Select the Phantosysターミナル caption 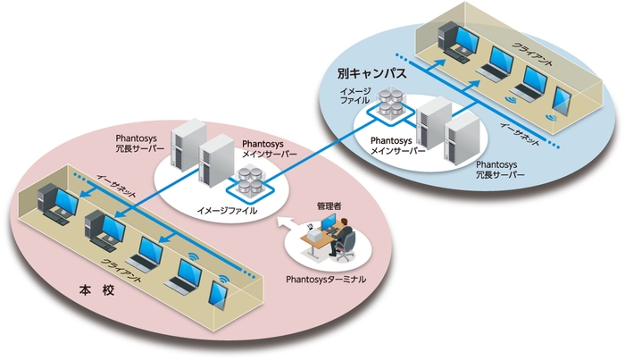pos(327,280)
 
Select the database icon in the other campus pos(390,105)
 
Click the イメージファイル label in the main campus pos(227,212)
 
